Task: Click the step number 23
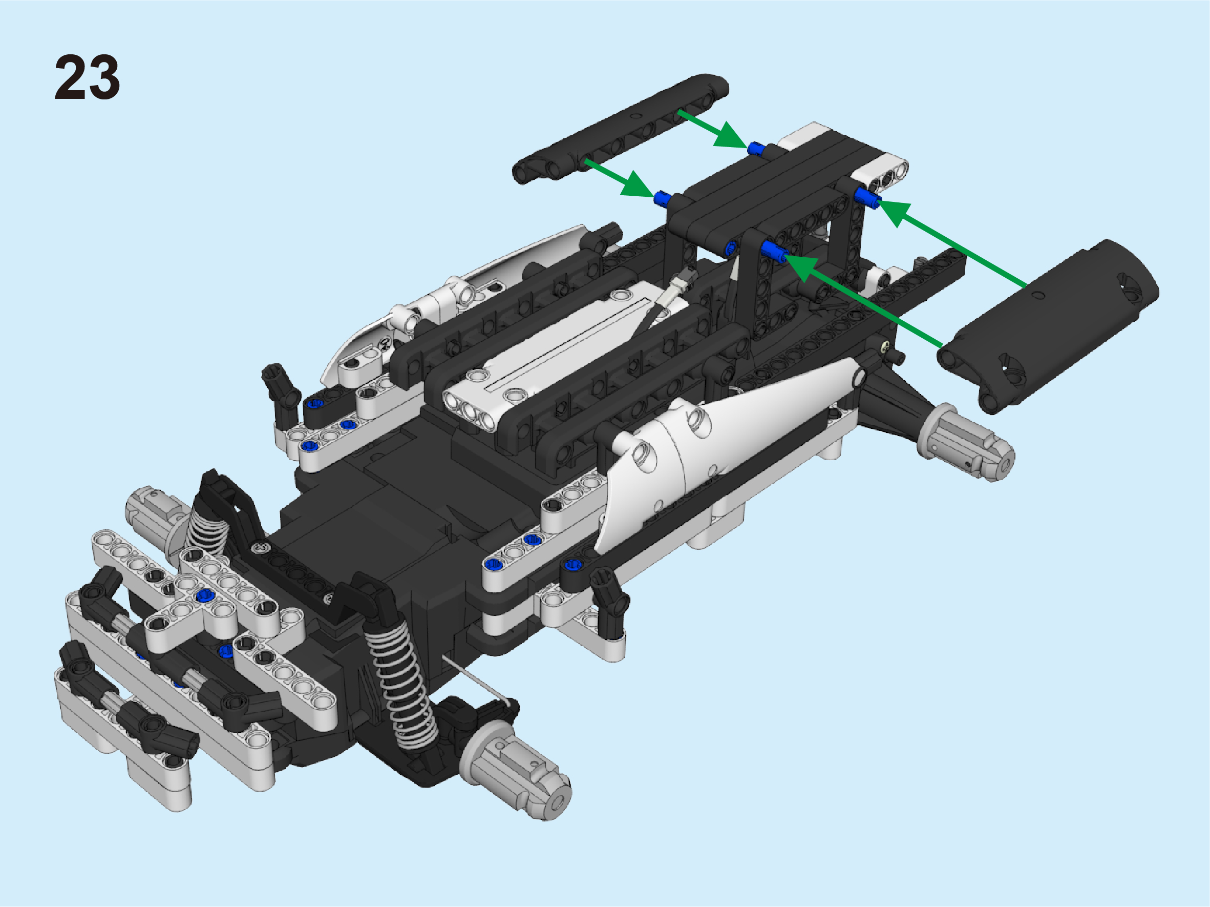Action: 87,77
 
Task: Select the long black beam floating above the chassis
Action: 620,129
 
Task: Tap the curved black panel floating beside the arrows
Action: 1048,326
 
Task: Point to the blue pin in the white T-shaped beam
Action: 206,595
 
